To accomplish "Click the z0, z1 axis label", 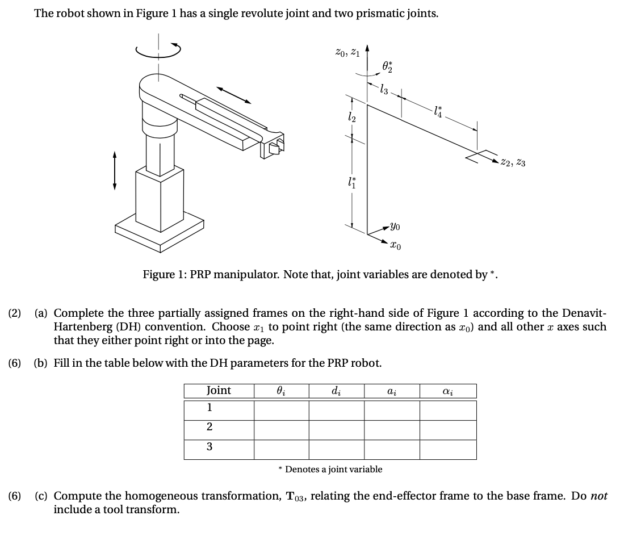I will (347, 52).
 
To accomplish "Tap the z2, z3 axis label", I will (513, 163).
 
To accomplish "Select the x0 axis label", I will (396, 245).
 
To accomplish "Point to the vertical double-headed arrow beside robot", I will (115, 170).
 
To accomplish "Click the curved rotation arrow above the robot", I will (158, 49).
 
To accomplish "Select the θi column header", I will (281, 391).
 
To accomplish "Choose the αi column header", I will (447, 391).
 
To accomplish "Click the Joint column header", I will (219, 391).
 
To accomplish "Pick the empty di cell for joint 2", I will (336, 429).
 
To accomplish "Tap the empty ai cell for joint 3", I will (392, 449).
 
